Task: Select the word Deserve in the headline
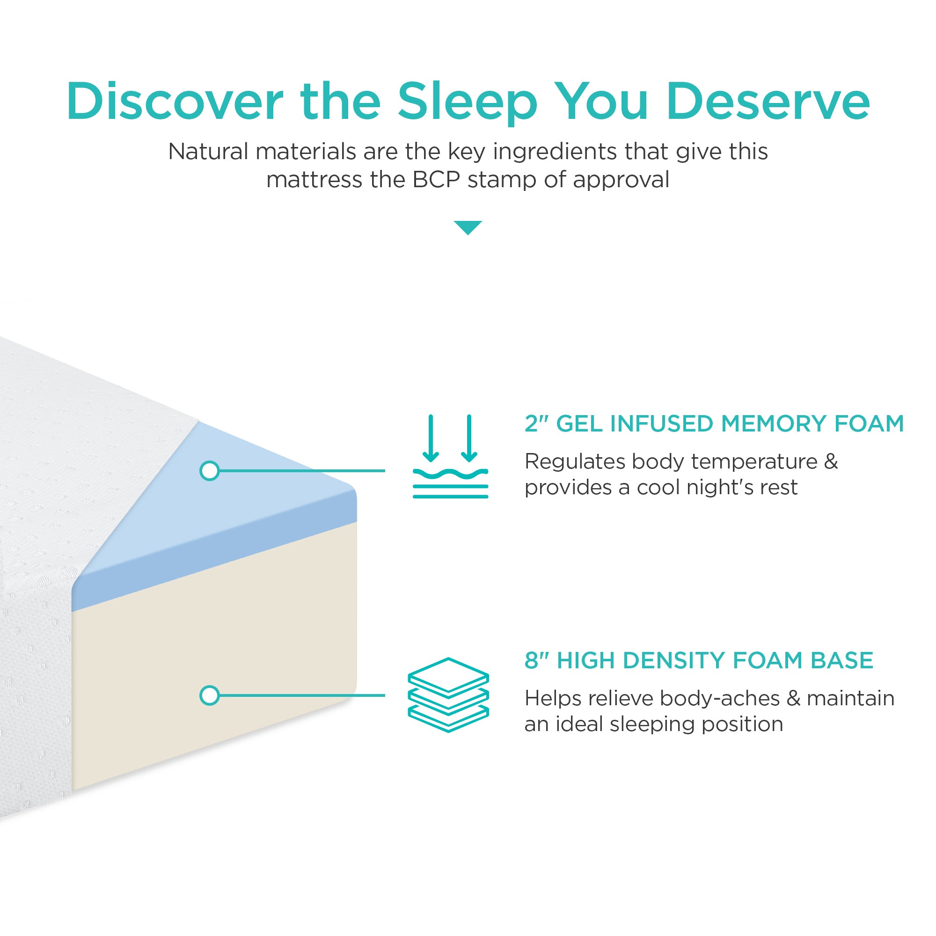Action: point(768,102)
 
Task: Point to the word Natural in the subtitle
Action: point(208,152)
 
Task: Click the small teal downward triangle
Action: point(468,227)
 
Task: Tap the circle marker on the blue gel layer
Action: point(209,470)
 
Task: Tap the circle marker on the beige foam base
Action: point(209,695)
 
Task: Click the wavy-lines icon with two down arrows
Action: point(450,456)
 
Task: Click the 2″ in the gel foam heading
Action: point(536,424)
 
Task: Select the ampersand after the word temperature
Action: point(831,461)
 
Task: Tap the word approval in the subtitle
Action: point(621,180)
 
